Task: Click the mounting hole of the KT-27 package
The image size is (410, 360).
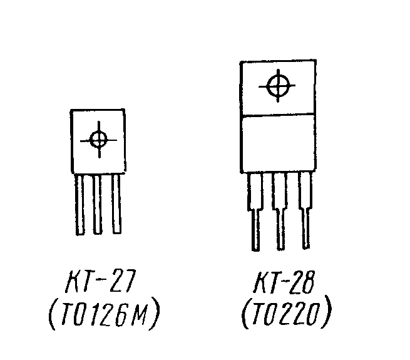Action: tap(99, 139)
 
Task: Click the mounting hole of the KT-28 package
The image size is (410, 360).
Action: tap(278, 86)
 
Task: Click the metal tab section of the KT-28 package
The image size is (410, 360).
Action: tap(277, 88)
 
